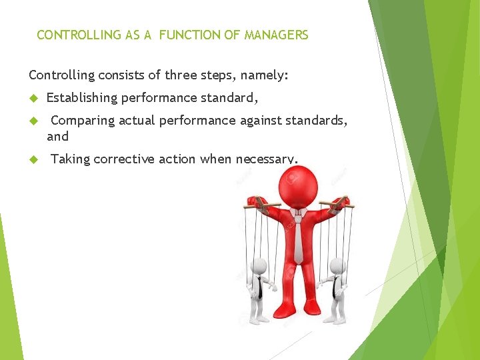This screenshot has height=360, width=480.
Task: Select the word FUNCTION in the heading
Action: tap(193, 35)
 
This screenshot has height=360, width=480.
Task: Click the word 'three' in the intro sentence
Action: tap(181, 76)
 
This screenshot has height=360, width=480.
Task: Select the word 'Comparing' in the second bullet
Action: tap(83, 121)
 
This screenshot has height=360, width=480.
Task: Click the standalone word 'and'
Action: tap(57, 137)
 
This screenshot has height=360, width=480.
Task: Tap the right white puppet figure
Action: tap(337, 290)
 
